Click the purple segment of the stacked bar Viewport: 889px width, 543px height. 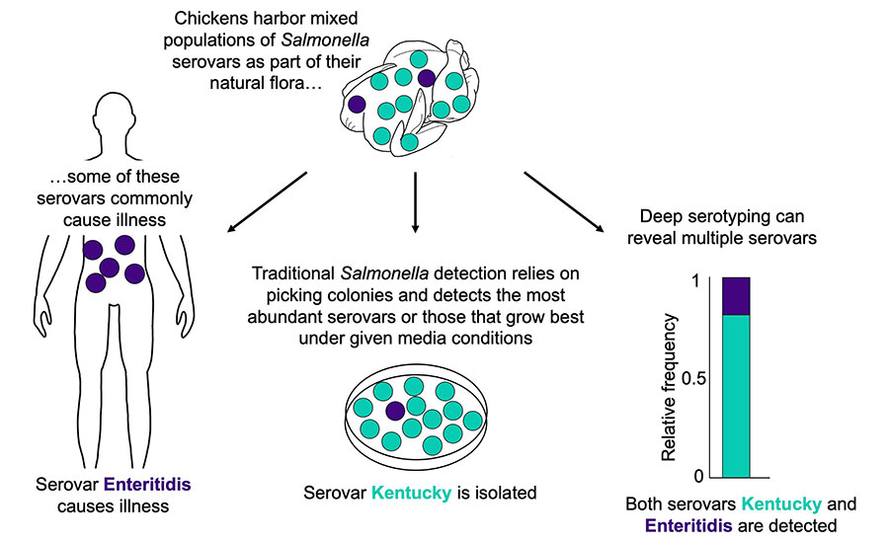tap(736, 296)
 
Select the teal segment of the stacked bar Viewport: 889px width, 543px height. tap(736, 395)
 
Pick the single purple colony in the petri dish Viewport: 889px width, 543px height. tap(395, 411)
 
